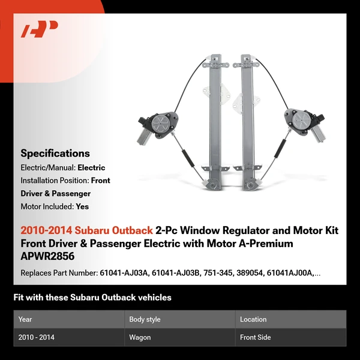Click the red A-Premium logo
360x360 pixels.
tap(40, 29)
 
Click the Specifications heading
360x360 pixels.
tap(55, 153)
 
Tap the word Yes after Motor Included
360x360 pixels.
tap(83, 206)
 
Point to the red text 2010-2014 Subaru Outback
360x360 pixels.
tap(86, 230)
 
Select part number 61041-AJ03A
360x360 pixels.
tap(124, 273)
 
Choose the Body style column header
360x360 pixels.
tap(145, 319)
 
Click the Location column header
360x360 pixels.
tap(253, 319)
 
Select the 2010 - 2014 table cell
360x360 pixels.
tap(36, 337)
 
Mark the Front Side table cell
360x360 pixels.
tap(255, 337)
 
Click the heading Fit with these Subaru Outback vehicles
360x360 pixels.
tap(92, 298)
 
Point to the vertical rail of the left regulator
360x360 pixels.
tap(214, 120)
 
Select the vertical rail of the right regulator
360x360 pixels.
tap(247, 120)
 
